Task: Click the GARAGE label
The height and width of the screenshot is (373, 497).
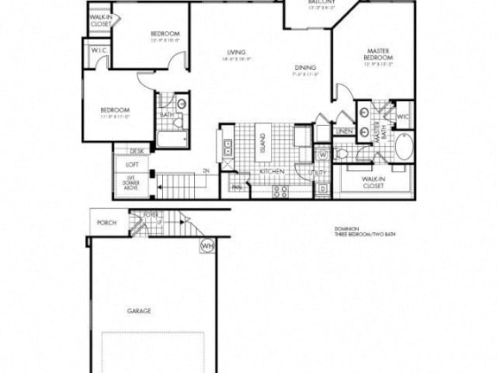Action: [x=140, y=310]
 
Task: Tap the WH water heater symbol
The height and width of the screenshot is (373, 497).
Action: [x=207, y=245]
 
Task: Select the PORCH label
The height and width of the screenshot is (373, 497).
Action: [x=106, y=223]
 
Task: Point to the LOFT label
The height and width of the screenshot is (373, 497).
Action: [x=132, y=164]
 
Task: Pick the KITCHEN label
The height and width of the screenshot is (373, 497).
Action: [x=272, y=172]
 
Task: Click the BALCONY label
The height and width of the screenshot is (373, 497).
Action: [x=322, y=3]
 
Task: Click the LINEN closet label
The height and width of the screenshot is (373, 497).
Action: [x=344, y=131]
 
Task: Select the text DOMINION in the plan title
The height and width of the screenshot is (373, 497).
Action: [x=349, y=231]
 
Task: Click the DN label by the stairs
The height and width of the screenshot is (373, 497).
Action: [x=206, y=171]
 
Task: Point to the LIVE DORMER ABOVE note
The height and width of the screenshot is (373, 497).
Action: [x=131, y=182]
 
